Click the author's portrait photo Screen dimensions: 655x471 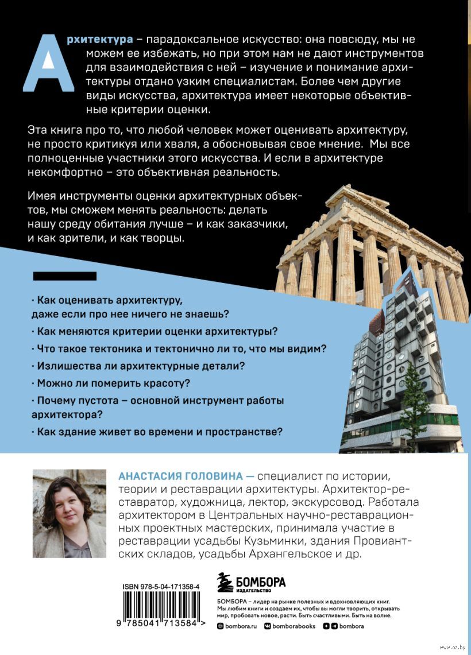coord(70,514)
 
